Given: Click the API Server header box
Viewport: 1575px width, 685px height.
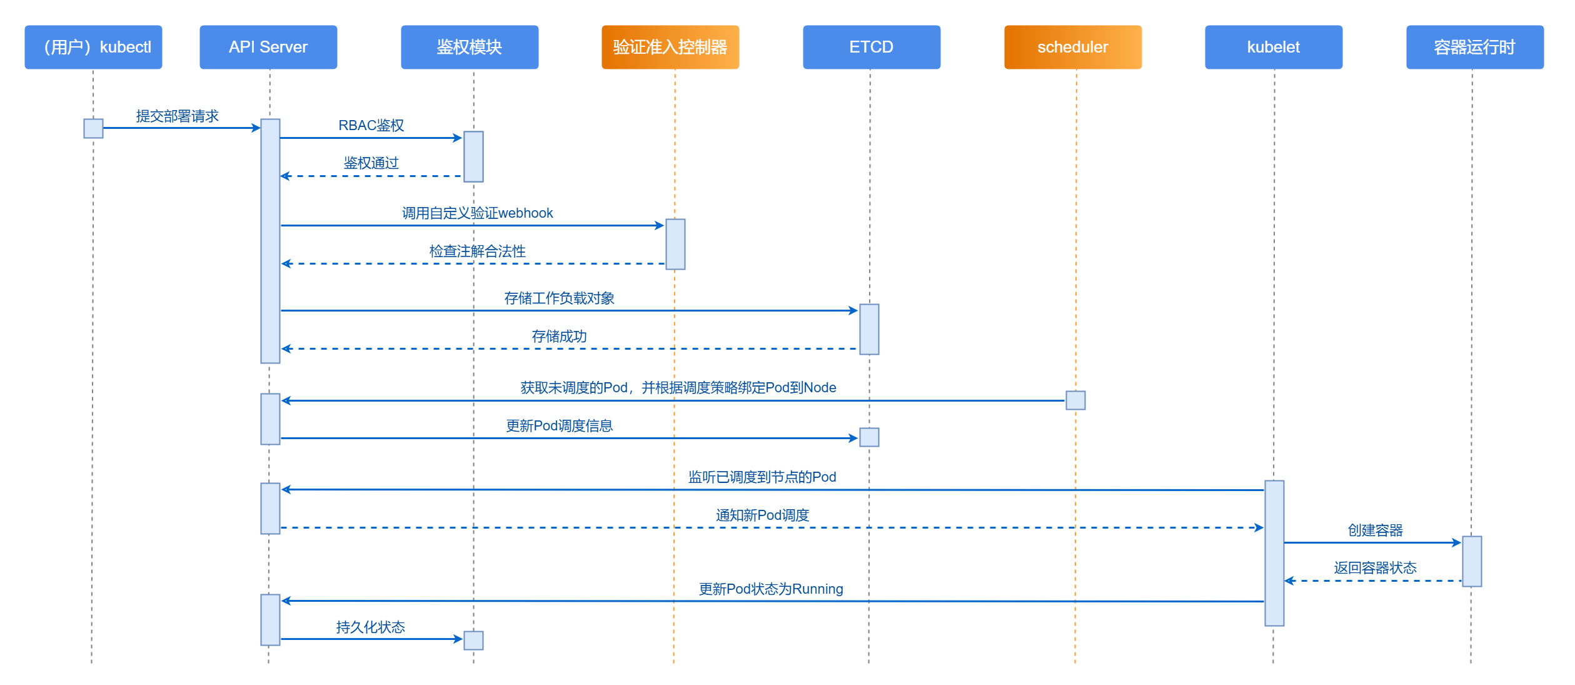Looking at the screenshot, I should [268, 47].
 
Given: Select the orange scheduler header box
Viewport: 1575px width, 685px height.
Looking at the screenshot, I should [1072, 47].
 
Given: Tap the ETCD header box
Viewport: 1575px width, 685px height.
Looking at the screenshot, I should [871, 47].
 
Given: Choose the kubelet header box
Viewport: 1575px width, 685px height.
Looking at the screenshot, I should [1273, 47].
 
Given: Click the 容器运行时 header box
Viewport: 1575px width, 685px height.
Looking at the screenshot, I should [1474, 47].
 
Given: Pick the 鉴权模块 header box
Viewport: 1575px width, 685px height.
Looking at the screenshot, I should [469, 47].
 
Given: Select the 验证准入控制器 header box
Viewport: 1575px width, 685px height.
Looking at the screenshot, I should [670, 47].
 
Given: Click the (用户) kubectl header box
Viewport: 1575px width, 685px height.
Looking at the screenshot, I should [93, 47].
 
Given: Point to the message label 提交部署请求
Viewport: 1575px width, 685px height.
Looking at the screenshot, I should [177, 116].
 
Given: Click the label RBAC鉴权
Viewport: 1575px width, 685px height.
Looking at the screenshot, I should [371, 126].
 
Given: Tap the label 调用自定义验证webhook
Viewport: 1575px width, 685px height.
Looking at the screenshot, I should [477, 213].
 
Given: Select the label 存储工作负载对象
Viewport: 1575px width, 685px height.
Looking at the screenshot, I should [559, 298].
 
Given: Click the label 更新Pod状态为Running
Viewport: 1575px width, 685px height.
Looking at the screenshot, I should [770, 589].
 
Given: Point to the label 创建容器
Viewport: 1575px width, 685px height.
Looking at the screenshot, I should [1375, 530].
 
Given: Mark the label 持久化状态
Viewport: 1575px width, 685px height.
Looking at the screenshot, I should [370, 627].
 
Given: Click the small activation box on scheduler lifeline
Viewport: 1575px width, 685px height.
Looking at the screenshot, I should [1075, 400].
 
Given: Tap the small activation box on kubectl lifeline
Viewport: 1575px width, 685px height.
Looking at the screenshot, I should [93, 128].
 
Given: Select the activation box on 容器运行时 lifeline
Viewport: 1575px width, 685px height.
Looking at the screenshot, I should [1472, 561].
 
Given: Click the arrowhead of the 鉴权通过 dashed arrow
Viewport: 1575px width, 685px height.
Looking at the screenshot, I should [285, 176].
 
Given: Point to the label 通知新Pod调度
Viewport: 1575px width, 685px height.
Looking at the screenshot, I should [762, 515].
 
